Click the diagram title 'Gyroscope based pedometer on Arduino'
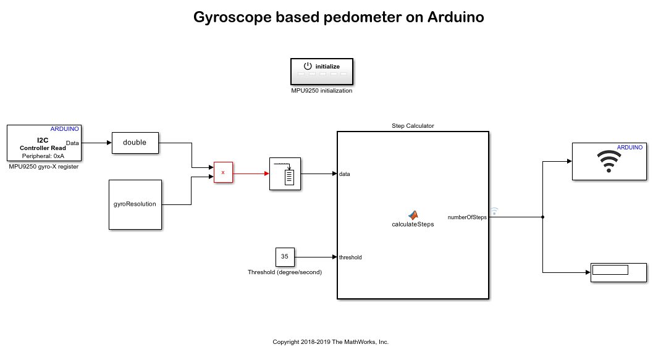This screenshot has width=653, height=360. click(339, 17)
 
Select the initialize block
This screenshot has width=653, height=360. click(322, 71)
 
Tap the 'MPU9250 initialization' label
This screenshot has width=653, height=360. click(322, 91)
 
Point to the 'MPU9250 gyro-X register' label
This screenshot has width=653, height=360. click(43, 167)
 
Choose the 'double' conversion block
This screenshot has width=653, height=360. click(135, 143)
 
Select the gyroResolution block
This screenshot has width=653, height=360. click(135, 204)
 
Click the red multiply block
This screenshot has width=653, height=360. click(223, 173)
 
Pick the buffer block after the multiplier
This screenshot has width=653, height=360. click(285, 174)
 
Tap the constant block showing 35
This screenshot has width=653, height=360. click(285, 256)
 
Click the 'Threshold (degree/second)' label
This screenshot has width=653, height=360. click(285, 272)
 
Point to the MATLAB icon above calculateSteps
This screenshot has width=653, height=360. click(413, 214)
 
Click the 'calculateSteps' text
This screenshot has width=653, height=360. click(413, 225)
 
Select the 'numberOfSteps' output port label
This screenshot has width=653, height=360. click(467, 217)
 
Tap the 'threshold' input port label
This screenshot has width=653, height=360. click(350, 257)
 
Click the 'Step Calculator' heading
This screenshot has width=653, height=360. click(413, 126)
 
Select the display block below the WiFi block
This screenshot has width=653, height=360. click(618, 272)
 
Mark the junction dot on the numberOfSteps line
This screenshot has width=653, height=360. click(542, 217)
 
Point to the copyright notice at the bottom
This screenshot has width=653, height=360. click(331, 342)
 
